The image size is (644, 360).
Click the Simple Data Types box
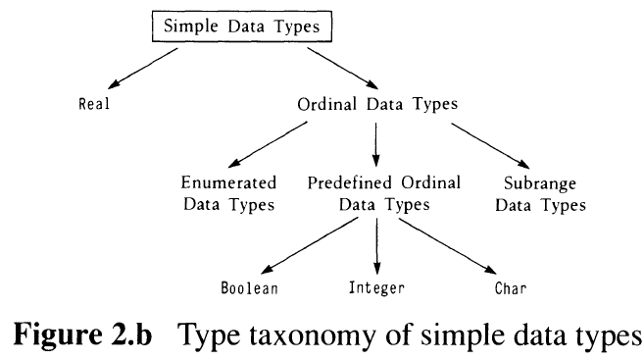tap(242, 26)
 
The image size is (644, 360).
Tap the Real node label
tap(94, 104)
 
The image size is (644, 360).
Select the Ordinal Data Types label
tap(377, 104)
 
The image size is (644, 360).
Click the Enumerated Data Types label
tap(228, 193)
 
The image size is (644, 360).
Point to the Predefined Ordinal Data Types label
tap(384, 193)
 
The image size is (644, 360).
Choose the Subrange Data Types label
tap(540, 194)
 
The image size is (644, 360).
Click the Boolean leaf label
tap(249, 288)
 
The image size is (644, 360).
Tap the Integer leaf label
tap(376, 287)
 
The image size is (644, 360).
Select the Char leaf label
tap(511, 288)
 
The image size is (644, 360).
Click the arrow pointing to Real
tap(142, 69)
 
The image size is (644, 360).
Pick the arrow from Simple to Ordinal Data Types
tap(342, 69)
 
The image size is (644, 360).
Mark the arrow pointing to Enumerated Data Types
tap(268, 144)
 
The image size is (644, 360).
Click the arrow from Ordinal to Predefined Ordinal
tap(375, 144)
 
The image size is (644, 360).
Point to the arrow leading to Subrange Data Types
tap(490, 145)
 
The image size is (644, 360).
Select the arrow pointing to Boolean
tap(310, 245)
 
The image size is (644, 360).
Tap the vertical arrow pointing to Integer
tap(377, 246)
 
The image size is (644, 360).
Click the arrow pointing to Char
tap(447, 246)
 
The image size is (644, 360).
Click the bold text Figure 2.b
tap(83, 334)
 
